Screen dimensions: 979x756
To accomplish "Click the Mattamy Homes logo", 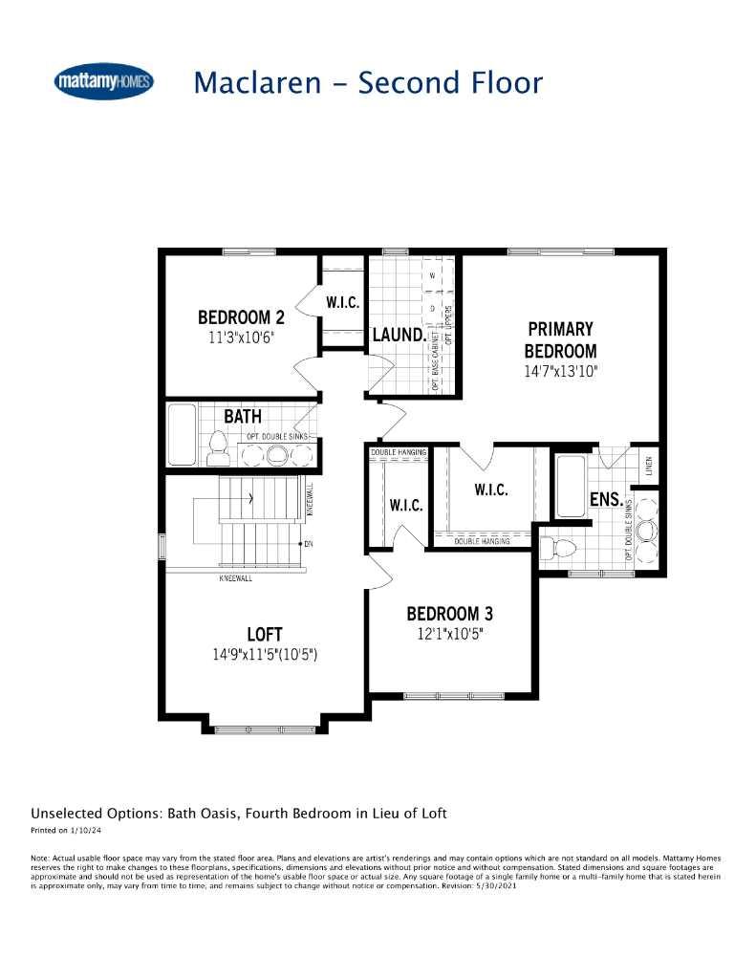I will click(x=104, y=82).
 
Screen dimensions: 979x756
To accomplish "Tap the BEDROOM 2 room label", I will click(x=241, y=317).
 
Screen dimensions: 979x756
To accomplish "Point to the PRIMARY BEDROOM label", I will click(x=559, y=339).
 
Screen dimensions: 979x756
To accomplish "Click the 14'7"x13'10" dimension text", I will click(x=559, y=372).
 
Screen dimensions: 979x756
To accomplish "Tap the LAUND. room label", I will click(x=399, y=335).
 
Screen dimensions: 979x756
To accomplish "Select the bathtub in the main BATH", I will click(x=182, y=434).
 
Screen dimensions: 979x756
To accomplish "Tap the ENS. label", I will click(x=606, y=499).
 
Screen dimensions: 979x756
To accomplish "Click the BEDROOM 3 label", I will click(x=449, y=614).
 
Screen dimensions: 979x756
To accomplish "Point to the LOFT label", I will click(x=264, y=634).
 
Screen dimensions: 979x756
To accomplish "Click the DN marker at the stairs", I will click(x=308, y=544).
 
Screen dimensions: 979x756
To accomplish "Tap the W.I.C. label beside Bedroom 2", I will click(x=342, y=302).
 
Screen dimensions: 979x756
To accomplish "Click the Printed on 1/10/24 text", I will click(x=65, y=831).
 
